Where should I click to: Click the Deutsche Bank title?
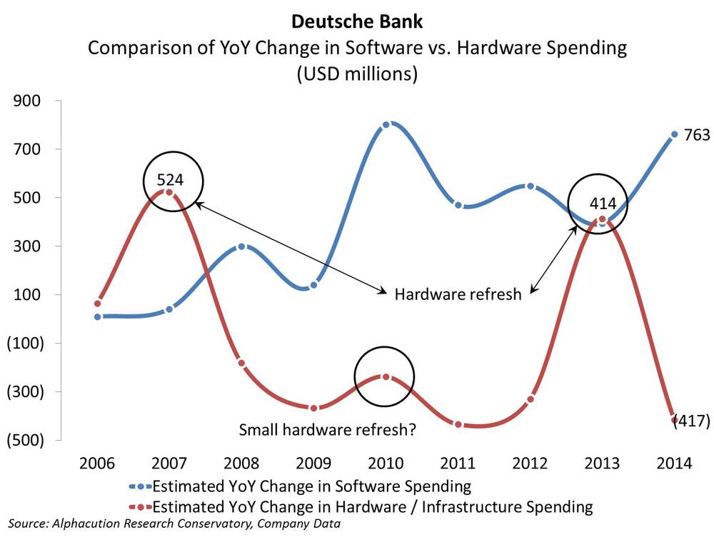click(x=356, y=23)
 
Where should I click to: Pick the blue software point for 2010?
click(x=386, y=125)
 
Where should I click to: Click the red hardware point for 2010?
click(x=386, y=376)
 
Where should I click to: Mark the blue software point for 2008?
click(x=241, y=246)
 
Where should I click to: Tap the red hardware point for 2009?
click(x=313, y=408)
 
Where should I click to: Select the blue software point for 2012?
click(x=530, y=186)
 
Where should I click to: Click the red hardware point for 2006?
click(x=98, y=303)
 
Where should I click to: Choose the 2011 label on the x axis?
click(x=458, y=464)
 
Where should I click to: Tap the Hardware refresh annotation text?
click(x=458, y=294)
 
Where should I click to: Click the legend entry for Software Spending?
click(x=311, y=487)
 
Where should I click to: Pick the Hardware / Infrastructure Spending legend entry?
click(x=373, y=507)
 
